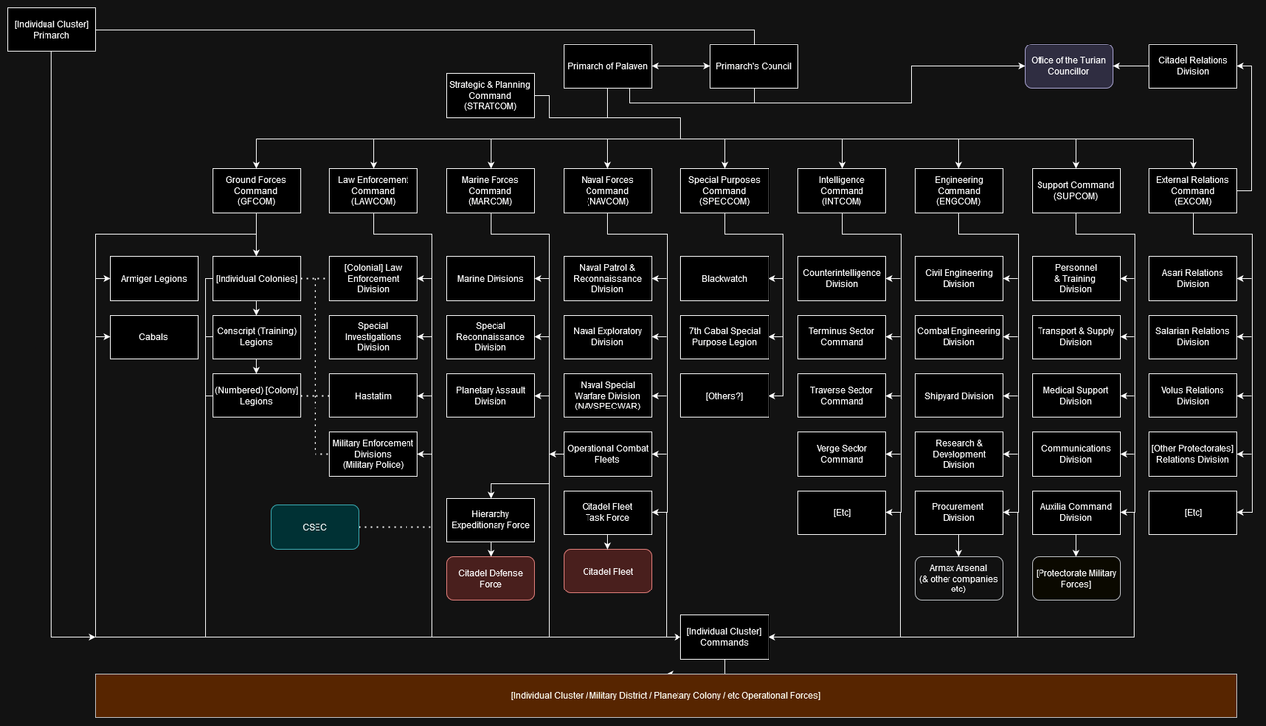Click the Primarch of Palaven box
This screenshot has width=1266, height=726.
[607, 67]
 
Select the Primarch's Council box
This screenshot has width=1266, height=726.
[754, 67]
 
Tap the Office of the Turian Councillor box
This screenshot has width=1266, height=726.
[1068, 66]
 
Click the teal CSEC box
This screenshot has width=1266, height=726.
[315, 527]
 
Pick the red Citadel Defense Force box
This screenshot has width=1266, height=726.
[491, 579]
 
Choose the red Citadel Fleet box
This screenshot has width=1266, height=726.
[607, 572]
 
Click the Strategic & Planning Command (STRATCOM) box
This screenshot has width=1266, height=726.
[490, 96]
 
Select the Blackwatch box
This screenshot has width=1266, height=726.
[724, 279]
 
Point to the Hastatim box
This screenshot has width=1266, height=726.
[373, 396]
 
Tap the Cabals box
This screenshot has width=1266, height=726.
[153, 337]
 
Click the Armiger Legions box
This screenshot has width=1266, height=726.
[153, 279]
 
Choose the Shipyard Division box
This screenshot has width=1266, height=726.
[958, 396]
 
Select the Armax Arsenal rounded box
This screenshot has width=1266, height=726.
[958, 579]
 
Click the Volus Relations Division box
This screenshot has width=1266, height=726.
[1192, 396]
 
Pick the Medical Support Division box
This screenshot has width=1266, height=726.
[1075, 396]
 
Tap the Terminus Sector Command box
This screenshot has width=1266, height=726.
[842, 337]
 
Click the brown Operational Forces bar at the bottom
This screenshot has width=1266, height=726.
[666, 695]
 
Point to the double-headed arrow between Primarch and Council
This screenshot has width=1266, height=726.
[680, 67]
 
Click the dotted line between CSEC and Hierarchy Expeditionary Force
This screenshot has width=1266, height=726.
[396, 528]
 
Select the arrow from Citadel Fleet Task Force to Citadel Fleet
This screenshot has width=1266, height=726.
[607, 541]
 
